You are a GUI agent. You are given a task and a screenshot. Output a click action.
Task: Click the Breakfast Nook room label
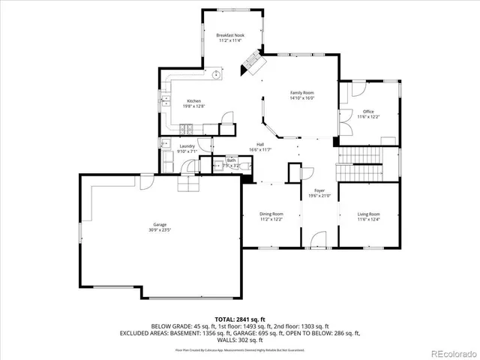point(230,35)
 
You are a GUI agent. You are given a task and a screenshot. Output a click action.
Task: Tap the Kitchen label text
point(193,101)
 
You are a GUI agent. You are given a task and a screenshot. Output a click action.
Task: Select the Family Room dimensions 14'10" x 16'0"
point(301,97)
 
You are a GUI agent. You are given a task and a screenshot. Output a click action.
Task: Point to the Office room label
point(368,112)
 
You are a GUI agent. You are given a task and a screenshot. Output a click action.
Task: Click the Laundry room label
point(187,146)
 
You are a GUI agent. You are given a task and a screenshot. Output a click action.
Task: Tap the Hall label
point(260,144)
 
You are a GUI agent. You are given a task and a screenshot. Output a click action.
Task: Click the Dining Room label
point(271,214)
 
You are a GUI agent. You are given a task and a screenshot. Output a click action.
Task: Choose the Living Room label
point(368,214)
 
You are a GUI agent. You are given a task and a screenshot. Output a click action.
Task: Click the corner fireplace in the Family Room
point(252,67)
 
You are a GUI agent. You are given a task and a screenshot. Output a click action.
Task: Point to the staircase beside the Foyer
point(367,162)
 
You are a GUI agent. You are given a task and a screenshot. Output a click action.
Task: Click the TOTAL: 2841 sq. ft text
point(239,319)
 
